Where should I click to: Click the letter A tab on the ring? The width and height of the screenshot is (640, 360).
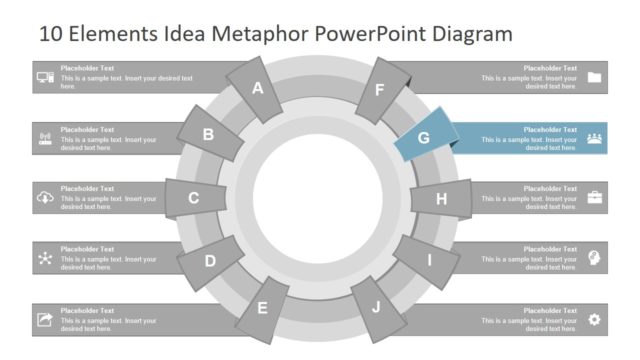tap(257, 88)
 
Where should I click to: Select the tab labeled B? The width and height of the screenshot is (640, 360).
tap(209, 135)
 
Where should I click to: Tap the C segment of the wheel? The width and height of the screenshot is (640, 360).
tap(194, 198)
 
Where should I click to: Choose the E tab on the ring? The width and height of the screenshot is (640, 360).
tap(263, 308)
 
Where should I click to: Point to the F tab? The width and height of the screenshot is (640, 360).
tap(380, 89)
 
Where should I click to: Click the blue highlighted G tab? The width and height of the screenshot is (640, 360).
tap(424, 138)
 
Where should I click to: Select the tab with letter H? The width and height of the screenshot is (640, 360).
tap(441, 199)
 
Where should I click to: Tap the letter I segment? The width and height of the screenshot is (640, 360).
tap(429, 261)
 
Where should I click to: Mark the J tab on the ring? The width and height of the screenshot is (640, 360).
tap(376, 307)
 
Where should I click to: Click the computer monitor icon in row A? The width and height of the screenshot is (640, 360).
tap(45, 77)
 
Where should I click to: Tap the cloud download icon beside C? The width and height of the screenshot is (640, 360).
tap(45, 198)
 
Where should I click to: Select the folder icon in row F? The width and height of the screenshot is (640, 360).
tap(595, 77)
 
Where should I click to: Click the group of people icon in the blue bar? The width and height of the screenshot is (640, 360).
tap(595, 138)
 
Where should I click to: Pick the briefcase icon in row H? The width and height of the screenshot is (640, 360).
tap(595, 198)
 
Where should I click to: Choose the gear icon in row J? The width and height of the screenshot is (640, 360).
tap(595, 319)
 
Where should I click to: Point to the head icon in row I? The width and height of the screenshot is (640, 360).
tap(595, 258)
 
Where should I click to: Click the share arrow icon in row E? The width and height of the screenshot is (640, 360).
tap(45, 319)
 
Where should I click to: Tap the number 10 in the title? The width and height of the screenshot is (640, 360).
tap(51, 34)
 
